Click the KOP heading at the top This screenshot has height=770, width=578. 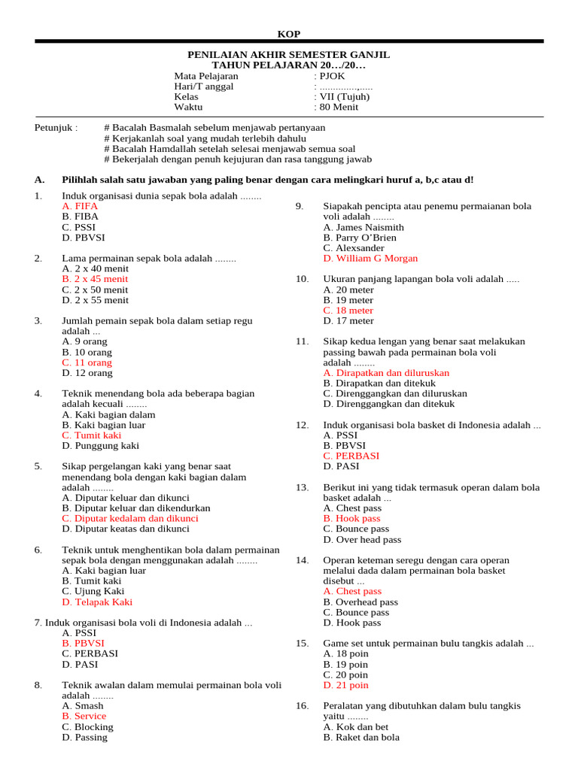tap(289, 34)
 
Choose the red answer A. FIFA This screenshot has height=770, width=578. tap(80, 206)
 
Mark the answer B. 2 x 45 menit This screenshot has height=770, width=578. tap(95, 279)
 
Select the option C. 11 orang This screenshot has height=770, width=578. tap(87, 362)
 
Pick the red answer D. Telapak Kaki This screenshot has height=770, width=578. tap(97, 602)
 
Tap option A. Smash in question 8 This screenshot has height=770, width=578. tap(83, 706)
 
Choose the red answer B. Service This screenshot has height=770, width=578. tap(84, 717)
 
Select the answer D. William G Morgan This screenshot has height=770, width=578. tap(370, 259)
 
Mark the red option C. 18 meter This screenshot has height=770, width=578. tap(348, 311)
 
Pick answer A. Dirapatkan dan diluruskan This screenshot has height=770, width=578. tap(386, 373)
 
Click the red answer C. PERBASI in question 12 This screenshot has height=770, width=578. tap(351, 456)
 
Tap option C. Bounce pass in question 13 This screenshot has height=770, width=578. tap(356, 529)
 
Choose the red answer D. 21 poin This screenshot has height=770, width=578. tap(345, 685)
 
